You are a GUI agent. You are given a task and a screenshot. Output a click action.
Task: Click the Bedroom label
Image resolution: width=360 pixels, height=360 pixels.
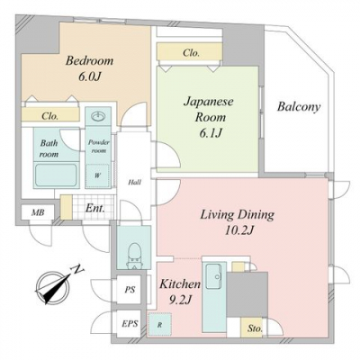[89, 61]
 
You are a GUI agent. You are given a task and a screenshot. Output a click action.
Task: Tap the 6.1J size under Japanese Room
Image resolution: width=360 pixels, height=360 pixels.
[211, 132]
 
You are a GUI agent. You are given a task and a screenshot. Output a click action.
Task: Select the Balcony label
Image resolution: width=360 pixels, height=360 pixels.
[299, 107]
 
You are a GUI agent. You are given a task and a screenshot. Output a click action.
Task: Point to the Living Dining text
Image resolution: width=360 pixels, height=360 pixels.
[237, 215]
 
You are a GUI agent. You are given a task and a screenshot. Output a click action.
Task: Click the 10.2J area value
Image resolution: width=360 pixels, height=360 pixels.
[239, 230]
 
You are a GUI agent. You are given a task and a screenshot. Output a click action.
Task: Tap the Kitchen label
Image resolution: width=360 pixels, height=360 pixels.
[180, 283]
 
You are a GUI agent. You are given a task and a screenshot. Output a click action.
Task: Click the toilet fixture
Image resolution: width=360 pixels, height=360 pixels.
[133, 256]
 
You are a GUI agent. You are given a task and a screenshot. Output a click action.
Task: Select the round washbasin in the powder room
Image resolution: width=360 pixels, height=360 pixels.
[98, 116]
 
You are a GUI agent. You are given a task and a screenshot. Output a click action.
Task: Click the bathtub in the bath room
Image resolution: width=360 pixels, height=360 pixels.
[56, 175]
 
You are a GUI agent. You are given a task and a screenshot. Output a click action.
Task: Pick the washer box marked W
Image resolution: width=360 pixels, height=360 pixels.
[97, 176]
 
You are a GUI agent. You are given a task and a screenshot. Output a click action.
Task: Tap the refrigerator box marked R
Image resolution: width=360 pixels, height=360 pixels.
[159, 324]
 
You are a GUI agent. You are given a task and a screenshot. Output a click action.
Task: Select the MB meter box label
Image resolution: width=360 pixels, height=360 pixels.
[38, 212]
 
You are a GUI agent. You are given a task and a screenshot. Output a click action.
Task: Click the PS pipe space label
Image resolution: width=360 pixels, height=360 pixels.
[130, 290]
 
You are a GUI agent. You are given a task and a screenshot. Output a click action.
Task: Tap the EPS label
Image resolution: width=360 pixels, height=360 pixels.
[130, 324]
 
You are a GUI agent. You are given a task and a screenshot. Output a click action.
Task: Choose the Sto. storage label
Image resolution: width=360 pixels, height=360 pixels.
[255, 328]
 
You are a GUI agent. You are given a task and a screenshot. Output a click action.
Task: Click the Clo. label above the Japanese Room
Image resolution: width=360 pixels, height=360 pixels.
[191, 53]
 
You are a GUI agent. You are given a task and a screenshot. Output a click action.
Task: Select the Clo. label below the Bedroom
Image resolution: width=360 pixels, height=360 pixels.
[49, 116]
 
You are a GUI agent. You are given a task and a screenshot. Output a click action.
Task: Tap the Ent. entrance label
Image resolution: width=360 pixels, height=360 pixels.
[95, 208]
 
